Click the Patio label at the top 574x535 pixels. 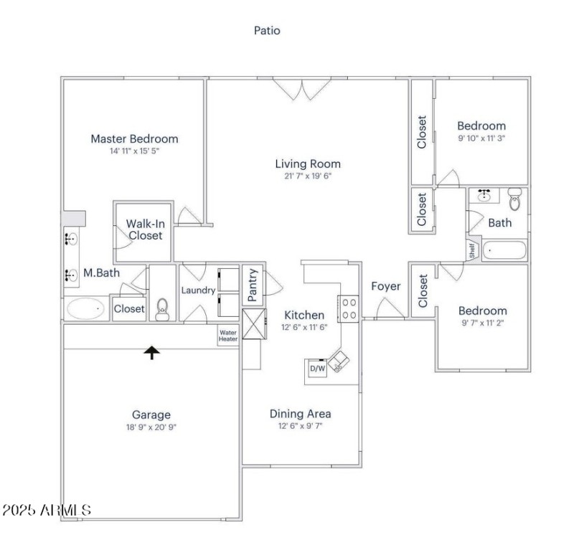tap(267, 30)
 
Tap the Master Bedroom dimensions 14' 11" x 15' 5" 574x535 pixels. tap(133, 151)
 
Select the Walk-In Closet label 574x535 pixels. tap(144, 229)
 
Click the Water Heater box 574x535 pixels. tap(227, 336)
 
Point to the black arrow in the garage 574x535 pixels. tap(151, 351)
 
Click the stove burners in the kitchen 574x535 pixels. tap(349, 308)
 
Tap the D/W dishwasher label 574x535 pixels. tap(316, 369)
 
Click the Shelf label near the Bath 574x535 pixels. tap(472, 250)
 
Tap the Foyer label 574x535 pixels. tap(385, 286)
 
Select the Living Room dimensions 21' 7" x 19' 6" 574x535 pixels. tap(308, 176)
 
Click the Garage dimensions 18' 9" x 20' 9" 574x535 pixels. tap(151, 427)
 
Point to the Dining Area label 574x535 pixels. tap(300, 413)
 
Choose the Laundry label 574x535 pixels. tap(198, 290)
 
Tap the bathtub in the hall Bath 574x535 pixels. tap(505, 251)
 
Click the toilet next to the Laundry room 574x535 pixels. tap(162, 309)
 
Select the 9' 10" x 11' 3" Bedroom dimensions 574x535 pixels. tap(481, 138)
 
